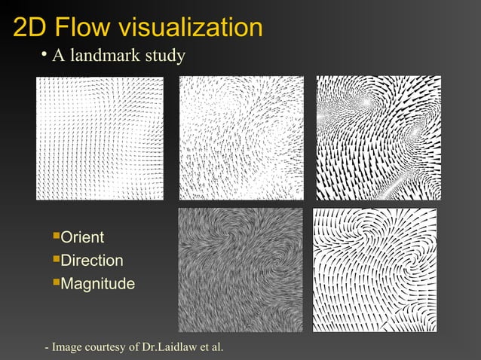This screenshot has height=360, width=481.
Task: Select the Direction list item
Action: tap(91, 261)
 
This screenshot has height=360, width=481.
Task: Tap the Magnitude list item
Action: tap(97, 285)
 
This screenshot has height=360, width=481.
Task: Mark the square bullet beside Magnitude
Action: tap(55, 283)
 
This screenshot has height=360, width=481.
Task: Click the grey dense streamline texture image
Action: tap(240, 270)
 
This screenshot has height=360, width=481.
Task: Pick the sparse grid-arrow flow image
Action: tap(100, 139)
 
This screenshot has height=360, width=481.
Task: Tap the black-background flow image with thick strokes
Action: tap(378, 138)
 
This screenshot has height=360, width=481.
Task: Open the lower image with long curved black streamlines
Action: tap(375, 270)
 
